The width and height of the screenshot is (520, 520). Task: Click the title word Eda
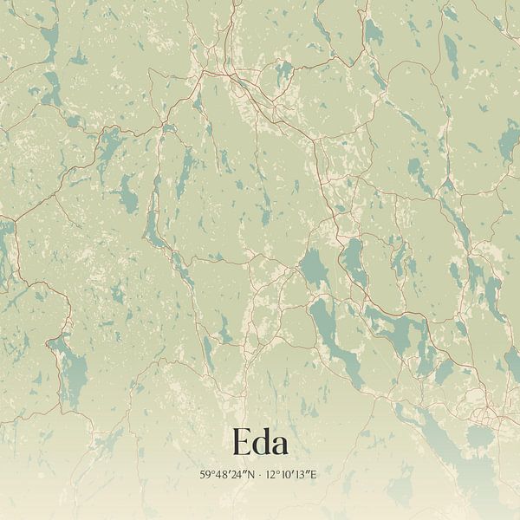point(260,443)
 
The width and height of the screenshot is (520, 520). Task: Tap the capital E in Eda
point(241,443)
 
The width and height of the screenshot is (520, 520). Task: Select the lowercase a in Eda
point(280,445)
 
